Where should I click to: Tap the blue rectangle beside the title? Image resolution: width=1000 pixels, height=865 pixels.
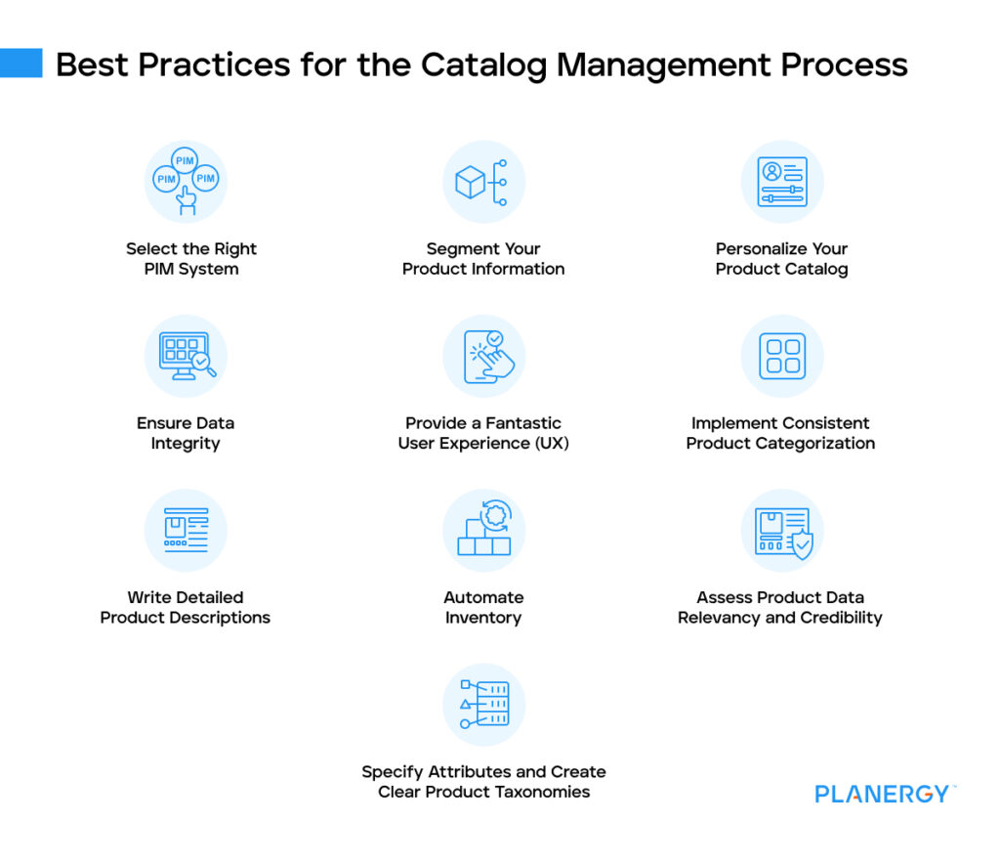[21, 63]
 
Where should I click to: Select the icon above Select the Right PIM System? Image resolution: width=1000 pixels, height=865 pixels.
[186, 182]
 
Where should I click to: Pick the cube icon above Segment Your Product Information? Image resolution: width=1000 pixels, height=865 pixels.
[483, 182]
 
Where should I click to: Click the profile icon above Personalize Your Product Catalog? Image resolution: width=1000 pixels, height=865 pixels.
[782, 182]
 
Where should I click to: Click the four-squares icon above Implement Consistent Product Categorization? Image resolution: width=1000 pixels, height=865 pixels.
[782, 356]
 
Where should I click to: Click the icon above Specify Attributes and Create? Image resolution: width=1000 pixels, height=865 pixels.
[483, 705]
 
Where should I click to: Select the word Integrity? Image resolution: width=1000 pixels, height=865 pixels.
[186, 444]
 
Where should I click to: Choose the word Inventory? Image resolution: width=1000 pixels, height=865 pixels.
[483, 618]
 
